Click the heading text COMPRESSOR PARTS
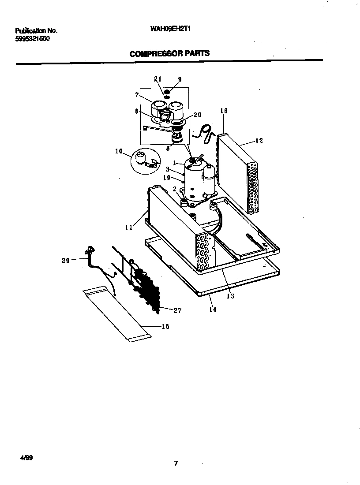pos(169,53)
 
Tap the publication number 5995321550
pos(33,39)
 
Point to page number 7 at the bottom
pos(176,463)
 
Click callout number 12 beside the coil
pos(259,141)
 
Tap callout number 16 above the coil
pos(223,111)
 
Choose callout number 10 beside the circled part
pos(119,151)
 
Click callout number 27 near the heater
pos(177,310)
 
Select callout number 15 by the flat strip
pos(165,326)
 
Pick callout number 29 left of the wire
pos(66,261)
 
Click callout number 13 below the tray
pos(230,296)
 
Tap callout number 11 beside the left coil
pos(128,227)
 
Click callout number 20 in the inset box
pos(197,115)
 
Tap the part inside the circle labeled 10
pos(142,158)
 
